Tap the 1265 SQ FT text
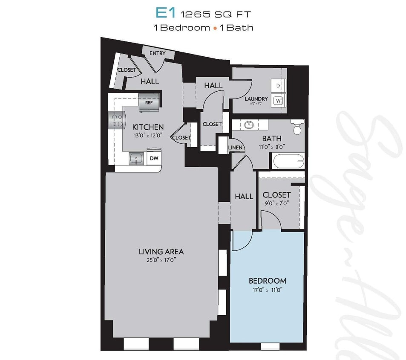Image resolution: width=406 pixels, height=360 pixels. click(216, 14)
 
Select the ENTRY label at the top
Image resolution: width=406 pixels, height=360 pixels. click(158, 53)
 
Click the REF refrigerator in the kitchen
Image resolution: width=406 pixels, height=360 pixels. click(149, 102)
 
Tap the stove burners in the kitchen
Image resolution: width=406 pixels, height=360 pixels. click(117, 120)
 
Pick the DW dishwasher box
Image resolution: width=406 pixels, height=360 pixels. click(153, 158)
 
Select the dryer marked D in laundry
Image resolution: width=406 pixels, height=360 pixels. click(278, 86)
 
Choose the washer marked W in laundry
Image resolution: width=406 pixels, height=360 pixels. click(278, 101)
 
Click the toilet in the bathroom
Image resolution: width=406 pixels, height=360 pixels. click(297, 127)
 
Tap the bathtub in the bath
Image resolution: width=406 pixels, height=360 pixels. click(288, 162)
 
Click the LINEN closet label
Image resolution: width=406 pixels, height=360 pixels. click(235, 148)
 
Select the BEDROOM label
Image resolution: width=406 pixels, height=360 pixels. click(267, 281)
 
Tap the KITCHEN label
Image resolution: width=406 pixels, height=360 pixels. click(148, 127)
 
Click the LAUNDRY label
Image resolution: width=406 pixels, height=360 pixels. click(256, 99)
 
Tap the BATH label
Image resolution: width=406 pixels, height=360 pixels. click(271, 139)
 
